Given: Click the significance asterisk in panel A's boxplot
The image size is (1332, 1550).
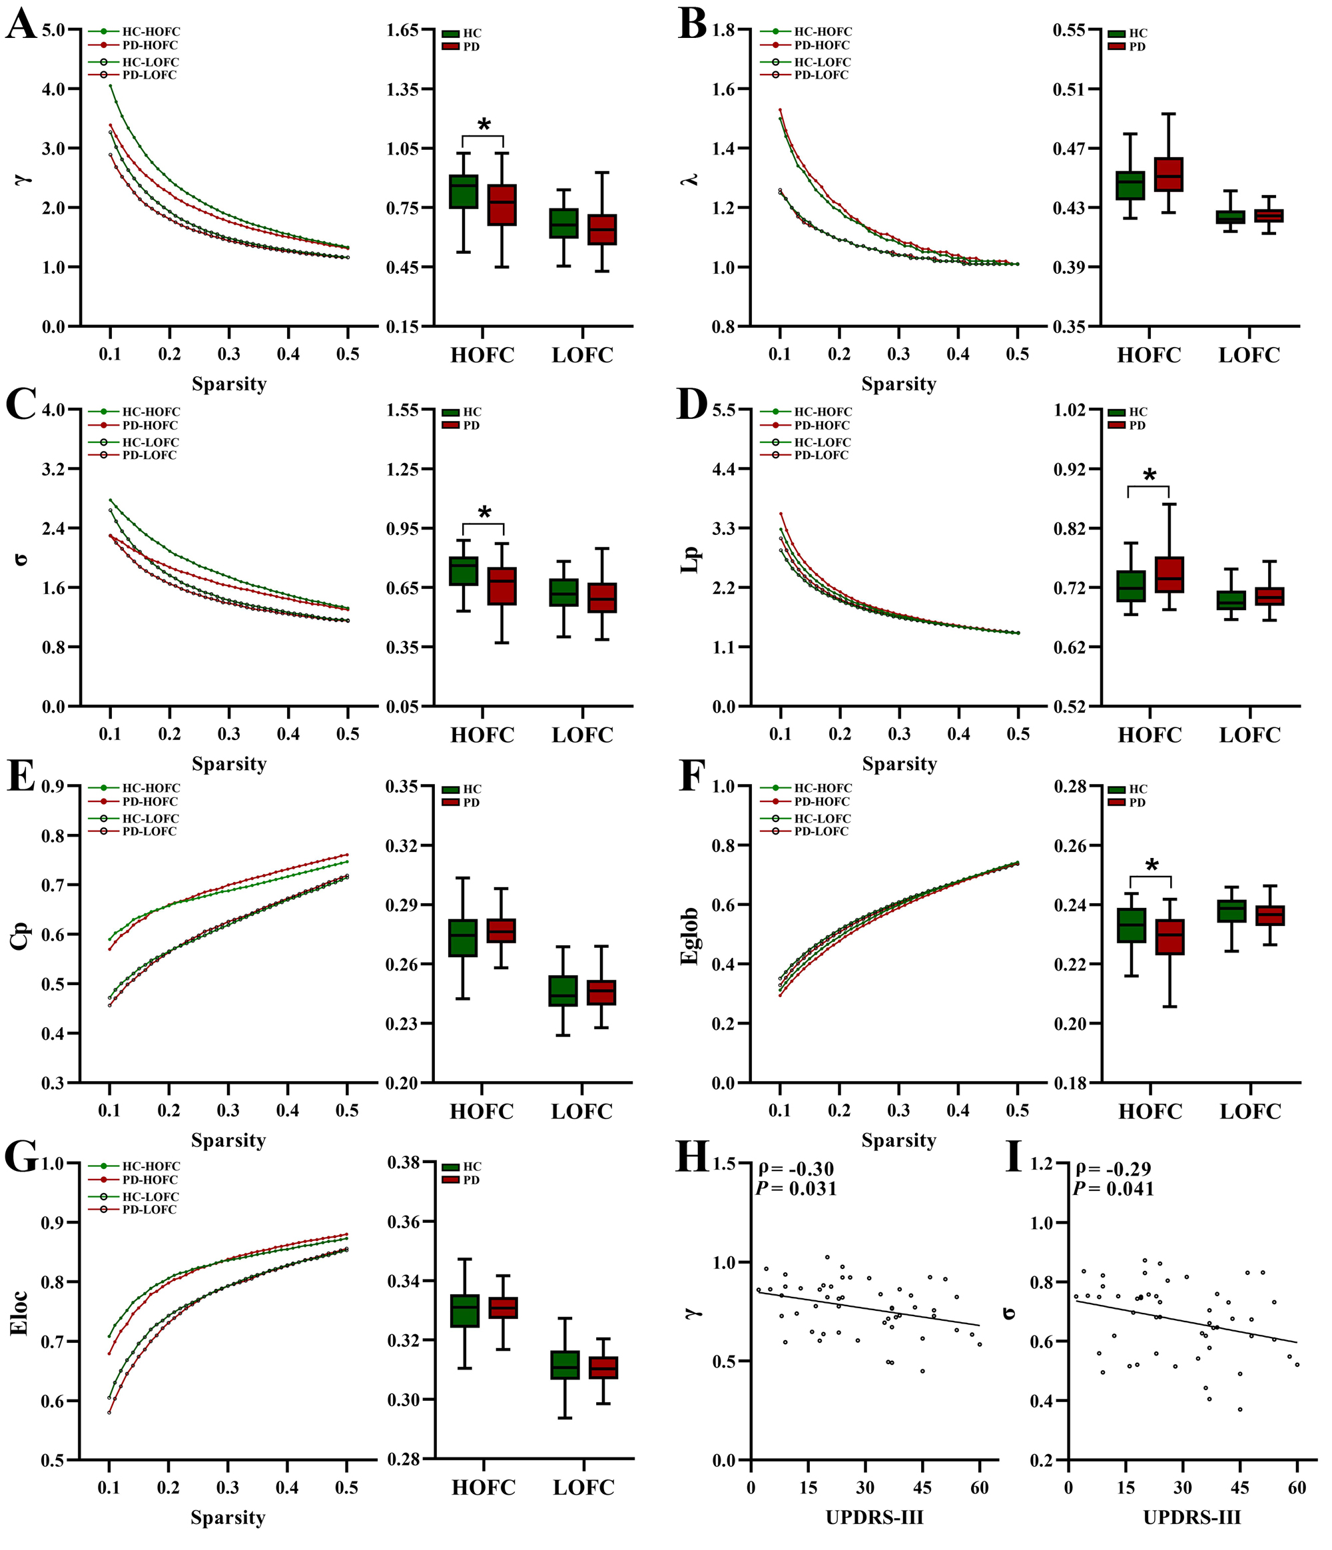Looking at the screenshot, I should point(484,125).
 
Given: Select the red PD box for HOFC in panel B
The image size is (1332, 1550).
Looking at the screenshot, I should point(1168,175).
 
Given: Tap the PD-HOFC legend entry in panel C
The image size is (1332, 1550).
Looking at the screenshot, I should point(150,426).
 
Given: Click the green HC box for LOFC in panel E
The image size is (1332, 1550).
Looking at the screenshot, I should point(563,990).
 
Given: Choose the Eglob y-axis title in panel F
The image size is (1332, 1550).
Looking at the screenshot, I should point(690,936).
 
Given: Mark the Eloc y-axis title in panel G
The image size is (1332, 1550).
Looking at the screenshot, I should point(19,1313).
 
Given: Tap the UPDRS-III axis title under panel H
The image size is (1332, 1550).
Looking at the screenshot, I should point(874,1517).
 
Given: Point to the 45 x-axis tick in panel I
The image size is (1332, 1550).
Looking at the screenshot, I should point(1239,1488).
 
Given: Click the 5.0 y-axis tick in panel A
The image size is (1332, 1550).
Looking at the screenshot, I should point(53,30).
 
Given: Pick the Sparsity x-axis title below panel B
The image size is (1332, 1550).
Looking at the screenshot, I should point(898,384).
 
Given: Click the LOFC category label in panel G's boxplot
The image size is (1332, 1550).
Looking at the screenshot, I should point(583,1487).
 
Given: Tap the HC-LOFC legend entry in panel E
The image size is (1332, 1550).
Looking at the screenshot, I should point(151,819).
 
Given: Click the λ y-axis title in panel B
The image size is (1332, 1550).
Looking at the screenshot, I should point(691,178).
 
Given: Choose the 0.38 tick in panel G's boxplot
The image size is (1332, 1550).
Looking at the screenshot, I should point(402,1162).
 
